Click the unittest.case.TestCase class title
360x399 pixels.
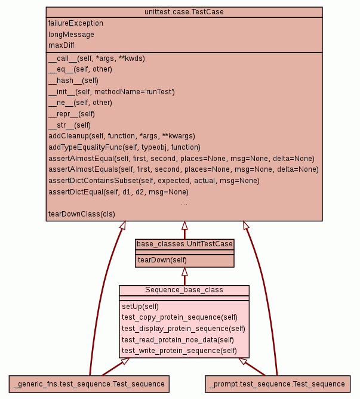(184, 12)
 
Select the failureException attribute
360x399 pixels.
(76, 23)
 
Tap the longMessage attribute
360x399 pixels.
(71, 35)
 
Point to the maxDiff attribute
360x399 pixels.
(61, 45)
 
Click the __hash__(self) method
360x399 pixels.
(73, 81)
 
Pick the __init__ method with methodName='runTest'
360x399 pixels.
(111, 92)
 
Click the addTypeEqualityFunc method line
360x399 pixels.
(124, 147)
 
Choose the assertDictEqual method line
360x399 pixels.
(118, 192)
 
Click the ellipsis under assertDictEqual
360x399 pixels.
(184, 203)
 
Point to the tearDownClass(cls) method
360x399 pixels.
(82, 214)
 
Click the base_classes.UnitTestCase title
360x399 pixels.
(184, 244)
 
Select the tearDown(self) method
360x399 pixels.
(162, 260)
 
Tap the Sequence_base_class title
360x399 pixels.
(184, 290)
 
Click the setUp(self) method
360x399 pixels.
(141, 307)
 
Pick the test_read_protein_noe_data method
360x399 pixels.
(178, 340)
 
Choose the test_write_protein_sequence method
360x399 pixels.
(179, 351)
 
